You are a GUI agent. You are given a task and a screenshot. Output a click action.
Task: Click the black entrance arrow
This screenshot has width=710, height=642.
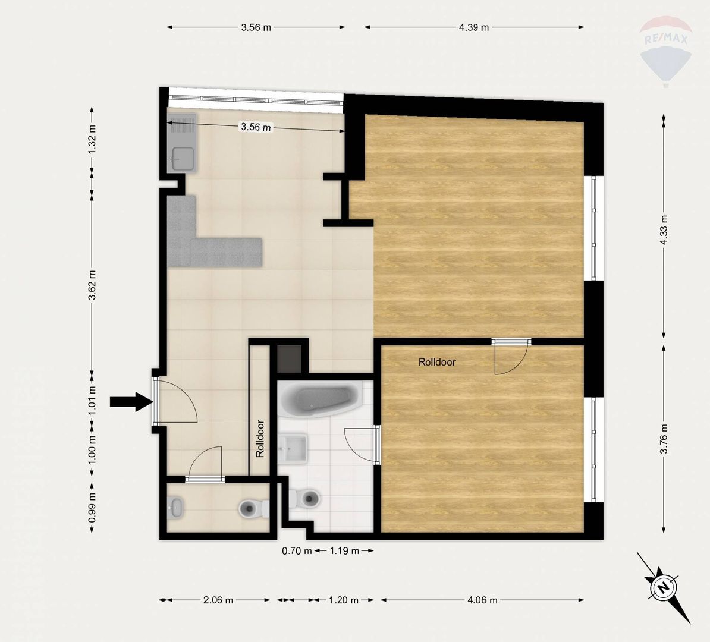pyautogui.click(x=131, y=402)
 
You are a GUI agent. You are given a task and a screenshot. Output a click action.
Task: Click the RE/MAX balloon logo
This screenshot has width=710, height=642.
pyautogui.click(x=665, y=51)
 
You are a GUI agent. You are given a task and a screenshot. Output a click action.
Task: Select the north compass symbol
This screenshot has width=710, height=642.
pyautogui.click(x=664, y=588)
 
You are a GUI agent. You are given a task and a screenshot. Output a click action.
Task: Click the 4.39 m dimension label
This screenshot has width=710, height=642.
pyautogui.click(x=474, y=27)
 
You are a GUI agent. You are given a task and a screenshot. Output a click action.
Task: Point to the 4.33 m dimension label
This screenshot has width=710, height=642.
pyautogui.click(x=664, y=229)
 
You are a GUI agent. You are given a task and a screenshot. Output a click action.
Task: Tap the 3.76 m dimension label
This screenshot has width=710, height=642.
pyautogui.click(x=664, y=438)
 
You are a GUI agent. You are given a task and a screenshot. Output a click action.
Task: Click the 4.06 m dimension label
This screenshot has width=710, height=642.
pyautogui.click(x=482, y=600)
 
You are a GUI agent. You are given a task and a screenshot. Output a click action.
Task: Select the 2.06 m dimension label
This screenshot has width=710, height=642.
pyautogui.click(x=218, y=600)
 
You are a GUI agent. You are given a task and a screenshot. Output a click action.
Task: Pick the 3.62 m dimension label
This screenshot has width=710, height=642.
pyautogui.click(x=92, y=285)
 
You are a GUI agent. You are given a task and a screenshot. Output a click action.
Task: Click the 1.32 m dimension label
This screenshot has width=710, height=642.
pyautogui.click(x=92, y=139)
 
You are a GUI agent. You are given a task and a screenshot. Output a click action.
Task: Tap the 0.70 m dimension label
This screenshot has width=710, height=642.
pyautogui.click(x=297, y=551)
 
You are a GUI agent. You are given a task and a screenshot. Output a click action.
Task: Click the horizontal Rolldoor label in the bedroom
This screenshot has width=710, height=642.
pyautogui.click(x=437, y=362)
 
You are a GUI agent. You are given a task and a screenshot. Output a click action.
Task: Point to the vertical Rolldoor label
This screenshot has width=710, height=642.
pyautogui.click(x=260, y=439)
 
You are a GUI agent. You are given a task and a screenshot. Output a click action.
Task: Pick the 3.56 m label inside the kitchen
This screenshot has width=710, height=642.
pyautogui.click(x=256, y=127)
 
